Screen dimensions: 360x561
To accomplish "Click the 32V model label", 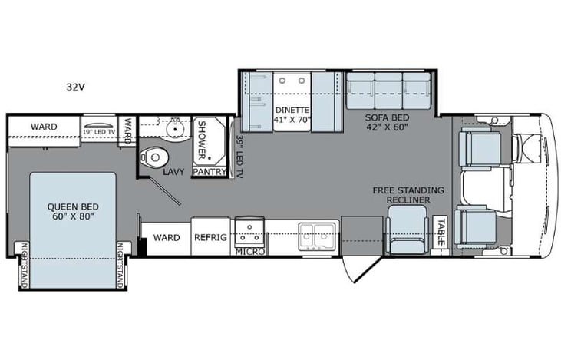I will (75, 86).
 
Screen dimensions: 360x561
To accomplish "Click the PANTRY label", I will (210, 172).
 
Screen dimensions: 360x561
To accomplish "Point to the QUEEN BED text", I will (73, 206).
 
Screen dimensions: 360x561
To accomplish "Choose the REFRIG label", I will (210, 238).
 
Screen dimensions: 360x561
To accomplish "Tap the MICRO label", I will (249, 251).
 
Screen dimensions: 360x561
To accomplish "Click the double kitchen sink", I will (315, 238).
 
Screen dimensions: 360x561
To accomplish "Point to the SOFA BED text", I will (387, 117).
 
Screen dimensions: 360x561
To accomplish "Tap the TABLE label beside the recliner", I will (441, 233).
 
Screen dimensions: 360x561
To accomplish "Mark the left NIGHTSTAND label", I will (23, 266).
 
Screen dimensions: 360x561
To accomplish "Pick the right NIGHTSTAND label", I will (120, 266).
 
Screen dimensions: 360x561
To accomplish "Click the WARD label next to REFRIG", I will (167, 238).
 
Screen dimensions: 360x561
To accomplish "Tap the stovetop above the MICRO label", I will (249, 229).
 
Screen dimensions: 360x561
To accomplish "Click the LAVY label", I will (173, 173).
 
